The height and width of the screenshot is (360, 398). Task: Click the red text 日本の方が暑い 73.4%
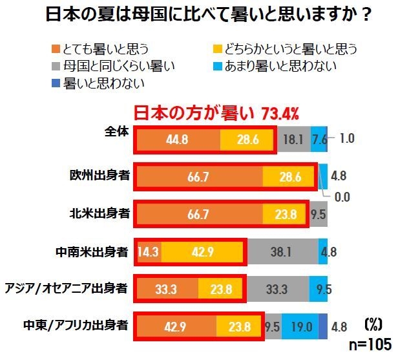coord(216,114)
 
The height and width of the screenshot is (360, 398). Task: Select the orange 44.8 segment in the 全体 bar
coord(178,139)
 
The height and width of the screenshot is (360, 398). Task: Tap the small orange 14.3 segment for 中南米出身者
coord(149,252)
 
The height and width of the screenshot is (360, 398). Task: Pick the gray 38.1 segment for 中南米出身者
coord(282,252)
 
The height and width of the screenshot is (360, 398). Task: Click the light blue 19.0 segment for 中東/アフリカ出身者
coord(300,326)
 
